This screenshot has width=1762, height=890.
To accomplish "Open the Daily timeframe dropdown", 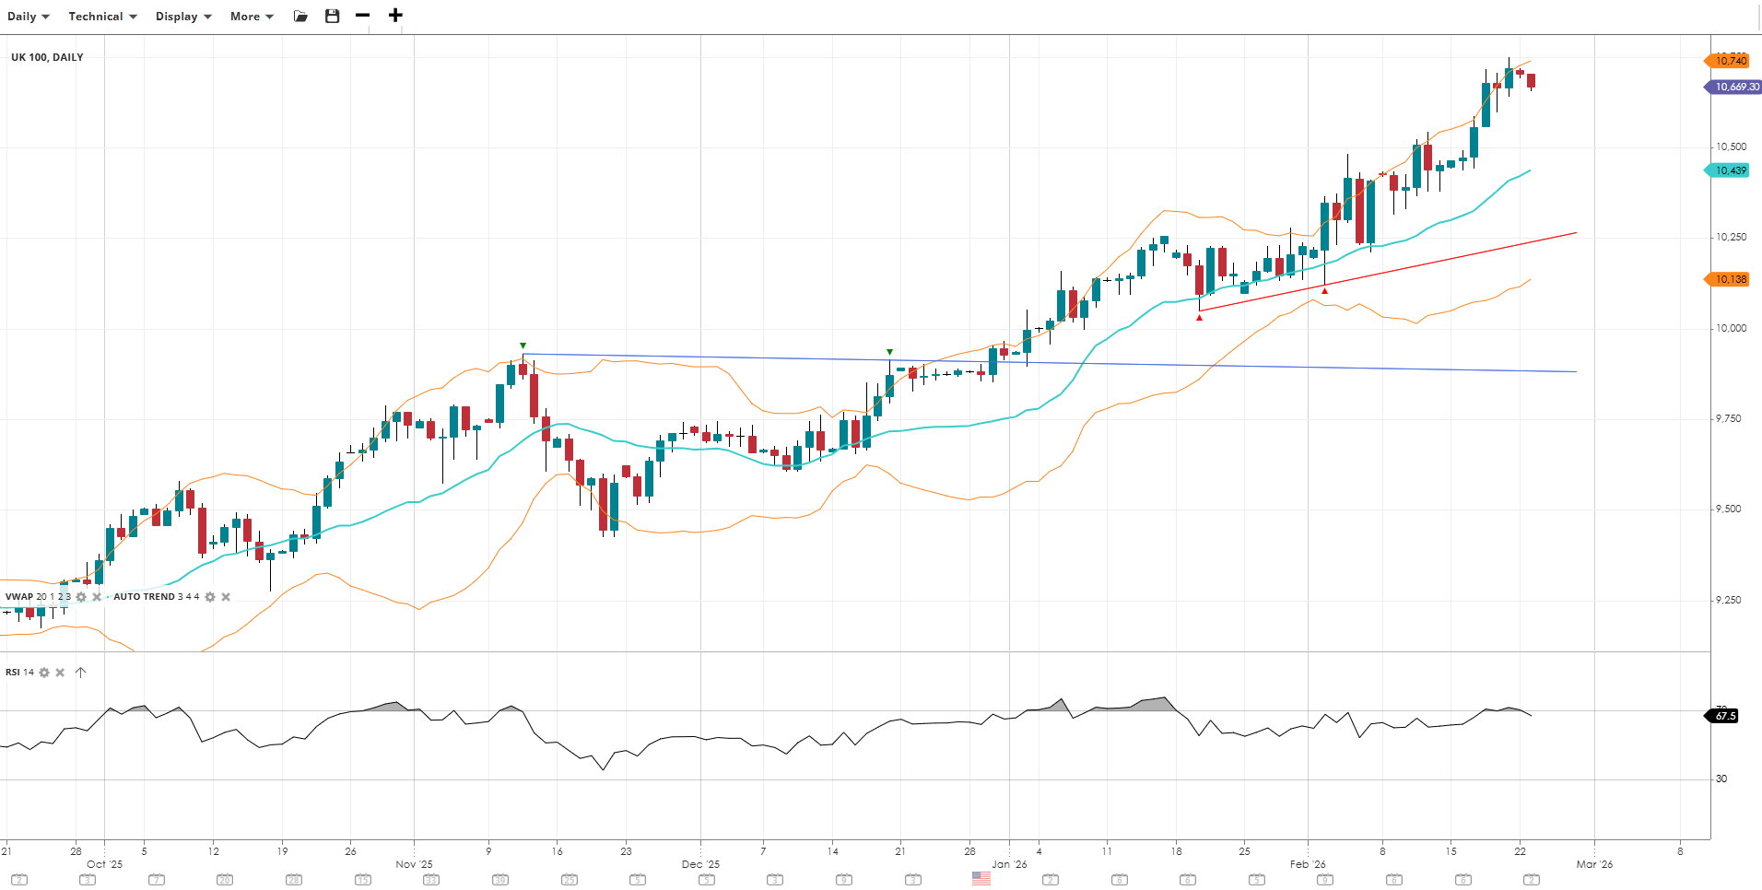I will pyautogui.click(x=28, y=17).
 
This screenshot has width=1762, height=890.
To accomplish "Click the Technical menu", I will pyautogui.click(x=102, y=17).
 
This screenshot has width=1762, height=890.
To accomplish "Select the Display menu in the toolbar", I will pyautogui.click(x=183, y=17).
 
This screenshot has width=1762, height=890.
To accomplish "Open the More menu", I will pyautogui.click(x=252, y=17).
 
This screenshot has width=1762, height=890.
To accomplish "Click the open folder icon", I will pyautogui.click(x=300, y=17).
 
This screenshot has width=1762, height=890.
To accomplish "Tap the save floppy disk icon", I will pyautogui.click(x=333, y=17).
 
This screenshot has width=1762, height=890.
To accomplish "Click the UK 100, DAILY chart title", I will pyautogui.click(x=47, y=57).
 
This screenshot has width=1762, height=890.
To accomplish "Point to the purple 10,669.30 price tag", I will pyautogui.click(x=1735, y=87).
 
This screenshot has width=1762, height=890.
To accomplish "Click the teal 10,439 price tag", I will pyautogui.click(x=1730, y=170).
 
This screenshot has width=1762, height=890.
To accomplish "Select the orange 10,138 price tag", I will pyautogui.click(x=1730, y=279).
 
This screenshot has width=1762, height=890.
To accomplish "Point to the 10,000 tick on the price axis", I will pyautogui.click(x=1730, y=328).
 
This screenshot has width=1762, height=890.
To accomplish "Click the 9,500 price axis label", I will pyautogui.click(x=1728, y=509).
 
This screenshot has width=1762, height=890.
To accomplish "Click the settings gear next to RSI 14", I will pyautogui.click(x=44, y=673).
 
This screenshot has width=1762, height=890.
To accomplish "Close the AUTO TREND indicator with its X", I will pyautogui.click(x=226, y=597).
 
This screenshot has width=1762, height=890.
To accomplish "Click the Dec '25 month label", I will pyautogui.click(x=700, y=864).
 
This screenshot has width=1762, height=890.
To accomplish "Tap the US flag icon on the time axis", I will pyautogui.click(x=981, y=879).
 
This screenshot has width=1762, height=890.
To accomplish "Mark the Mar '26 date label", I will pyautogui.click(x=1594, y=864).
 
